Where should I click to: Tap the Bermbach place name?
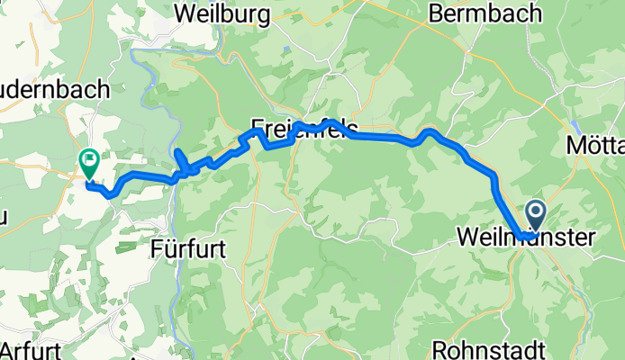pos(485,13)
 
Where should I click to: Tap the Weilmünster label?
pos(526,238)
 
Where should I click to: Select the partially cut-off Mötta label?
pos(595,145)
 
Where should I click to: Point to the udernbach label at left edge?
pos(55,90)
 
